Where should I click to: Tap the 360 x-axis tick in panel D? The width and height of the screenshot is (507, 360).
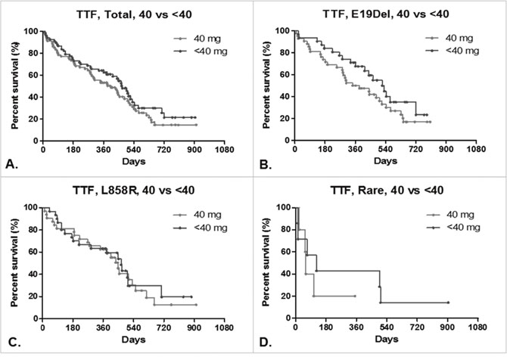click(355, 327)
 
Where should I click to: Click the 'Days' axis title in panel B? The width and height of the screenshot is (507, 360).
click(385, 161)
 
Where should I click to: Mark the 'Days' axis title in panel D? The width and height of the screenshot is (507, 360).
click(385, 337)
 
